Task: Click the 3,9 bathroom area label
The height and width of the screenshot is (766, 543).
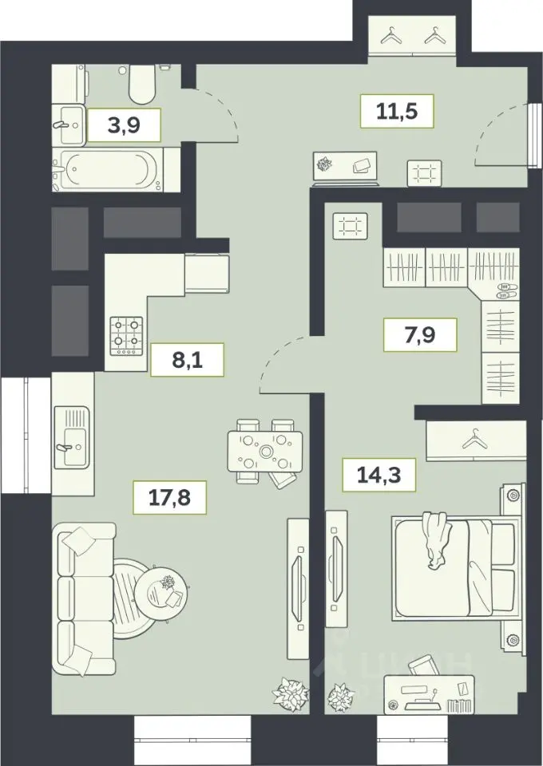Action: click(x=124, y=125)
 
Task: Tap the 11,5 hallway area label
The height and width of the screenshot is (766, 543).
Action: click(x=397, y=112)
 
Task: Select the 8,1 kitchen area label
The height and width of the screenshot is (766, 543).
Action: click(x=187, y=360)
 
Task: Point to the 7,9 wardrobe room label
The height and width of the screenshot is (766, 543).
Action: click(x=420, y=334)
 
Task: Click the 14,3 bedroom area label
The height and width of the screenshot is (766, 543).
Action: click(x=379, y=475)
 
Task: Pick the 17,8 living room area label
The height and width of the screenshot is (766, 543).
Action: click(x=170, y=498)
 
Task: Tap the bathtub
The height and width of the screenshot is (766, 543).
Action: click(x=108, y=170)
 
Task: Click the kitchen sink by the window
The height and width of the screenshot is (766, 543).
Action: click(x=72, y=437)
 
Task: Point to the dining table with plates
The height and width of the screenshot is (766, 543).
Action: click(x=265, y=452)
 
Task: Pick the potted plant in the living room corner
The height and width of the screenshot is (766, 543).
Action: click(x=291, y=693)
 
